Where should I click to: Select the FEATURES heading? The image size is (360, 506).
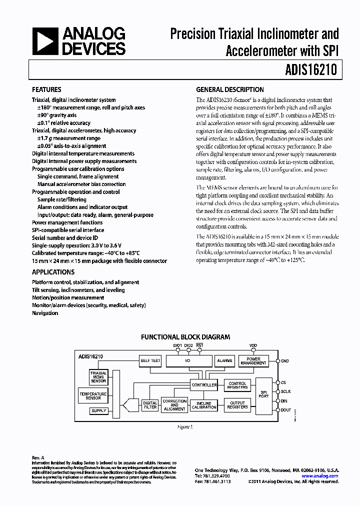point(46,90)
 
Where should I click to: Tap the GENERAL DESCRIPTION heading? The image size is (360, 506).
point(230,90)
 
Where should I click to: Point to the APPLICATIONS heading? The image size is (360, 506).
point(53,272)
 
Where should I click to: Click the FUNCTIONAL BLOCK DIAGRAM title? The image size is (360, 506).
point(185,337)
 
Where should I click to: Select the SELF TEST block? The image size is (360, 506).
point(150,360)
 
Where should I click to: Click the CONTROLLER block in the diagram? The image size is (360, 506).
point(204,385)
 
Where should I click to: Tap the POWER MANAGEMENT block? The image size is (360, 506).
point(253,360)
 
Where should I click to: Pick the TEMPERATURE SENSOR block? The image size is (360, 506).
point(93,396)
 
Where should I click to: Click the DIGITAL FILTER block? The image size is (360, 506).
point(150,405)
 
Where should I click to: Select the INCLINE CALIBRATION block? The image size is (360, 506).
point(204,405)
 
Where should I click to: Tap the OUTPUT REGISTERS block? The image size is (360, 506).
point(237,405)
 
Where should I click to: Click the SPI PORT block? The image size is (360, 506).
point(263,393)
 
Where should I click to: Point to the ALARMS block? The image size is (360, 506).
point(223,360)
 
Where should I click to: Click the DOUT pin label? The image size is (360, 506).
point(286,410)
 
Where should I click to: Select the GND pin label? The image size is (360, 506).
point(285,360)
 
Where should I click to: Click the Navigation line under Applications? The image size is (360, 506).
point(45,313)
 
